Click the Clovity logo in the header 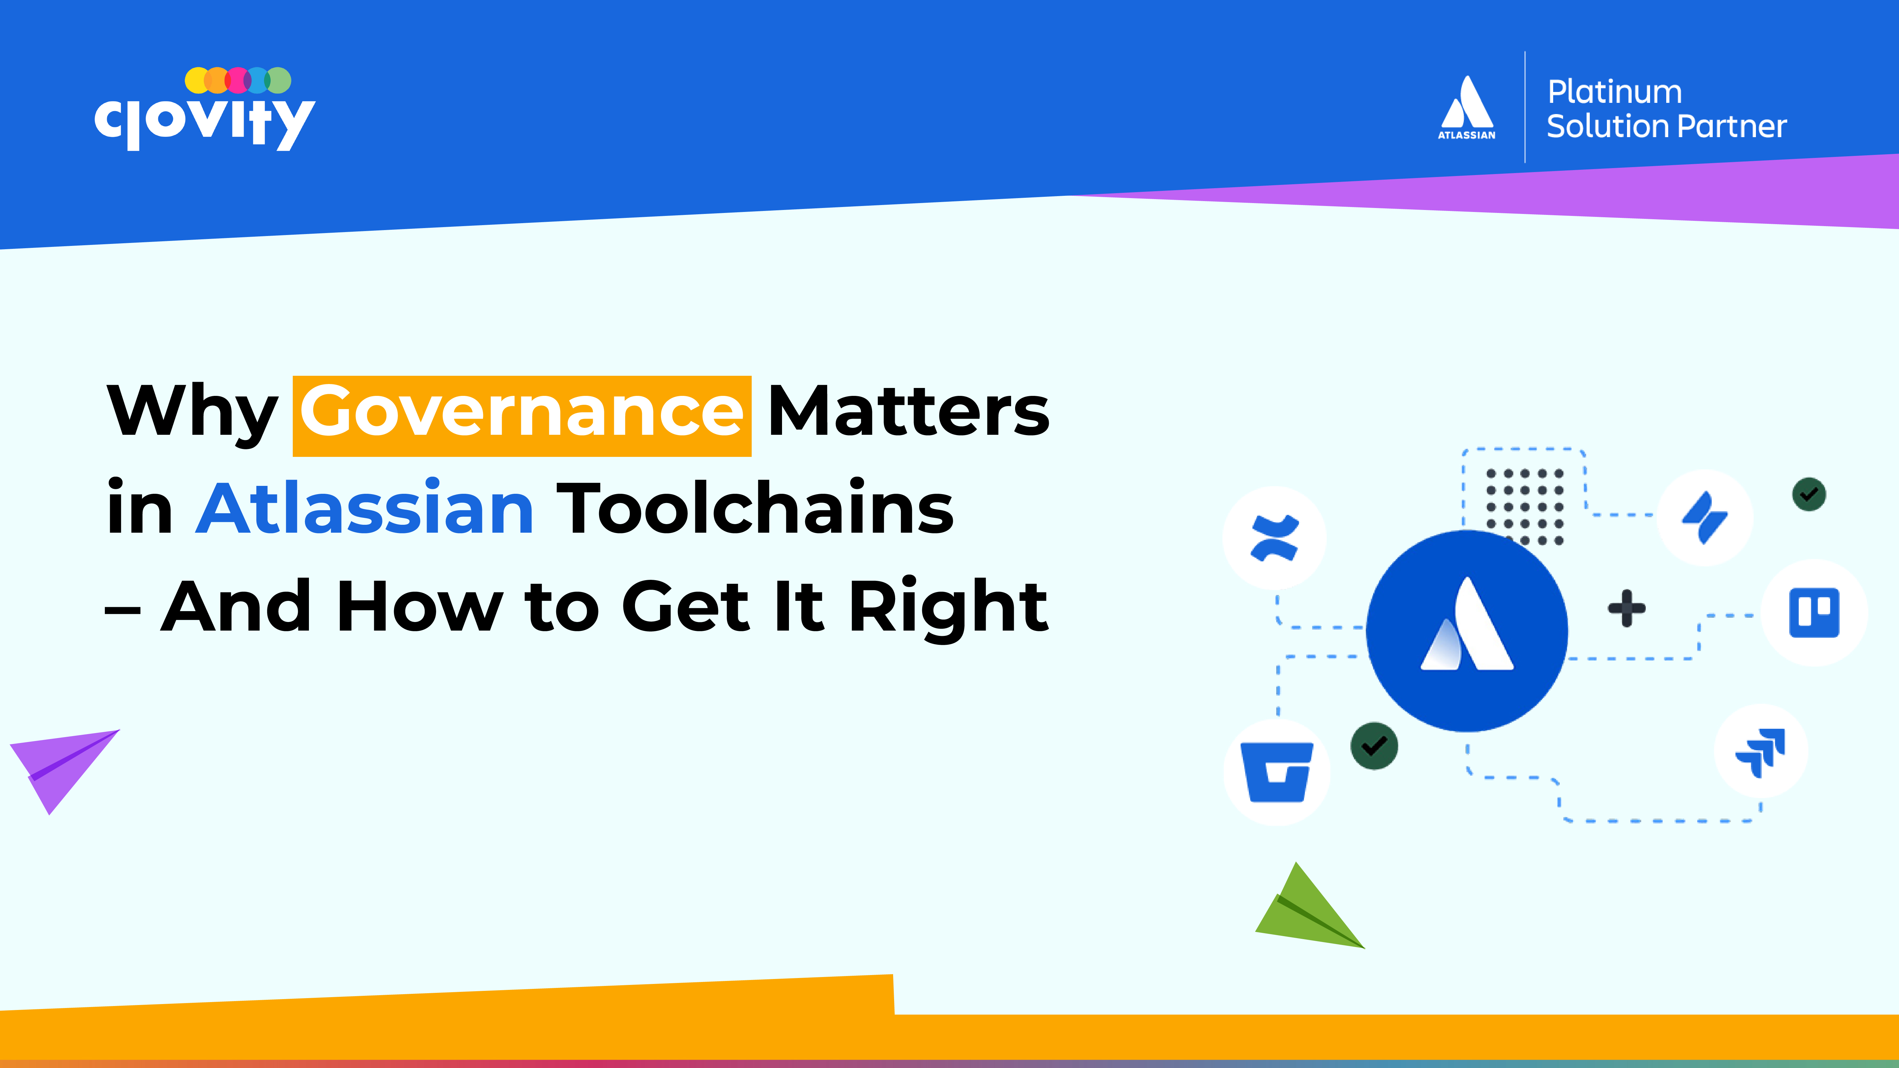[205, 109]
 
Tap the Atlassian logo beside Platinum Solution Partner [1467, 107]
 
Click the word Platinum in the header [1614, 92]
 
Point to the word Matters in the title [908, 411]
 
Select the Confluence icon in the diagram [1274, 538]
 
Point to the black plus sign [1626, 609]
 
